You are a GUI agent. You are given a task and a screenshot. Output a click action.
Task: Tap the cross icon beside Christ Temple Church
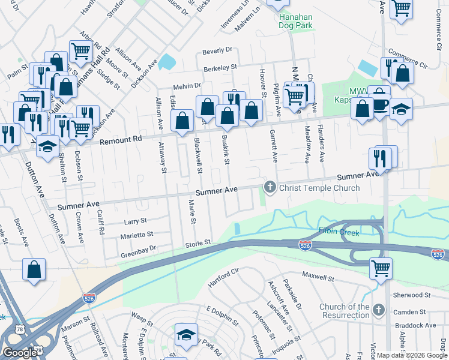(x=270, y=188)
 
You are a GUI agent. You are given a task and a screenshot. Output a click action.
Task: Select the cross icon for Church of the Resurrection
(x=378, y=310)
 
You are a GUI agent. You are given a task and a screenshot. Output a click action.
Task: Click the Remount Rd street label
(x=122, y=139)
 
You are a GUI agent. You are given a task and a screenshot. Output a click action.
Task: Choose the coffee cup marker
(x=380, y=104)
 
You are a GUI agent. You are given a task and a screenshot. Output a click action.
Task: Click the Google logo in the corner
(x=20, y=353)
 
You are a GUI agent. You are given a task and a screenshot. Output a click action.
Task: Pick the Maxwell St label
(x=318, y=278)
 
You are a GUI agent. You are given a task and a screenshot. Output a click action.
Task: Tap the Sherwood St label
(x=411, y=295)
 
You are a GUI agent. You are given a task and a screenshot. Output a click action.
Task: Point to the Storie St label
(x=198, y=243)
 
